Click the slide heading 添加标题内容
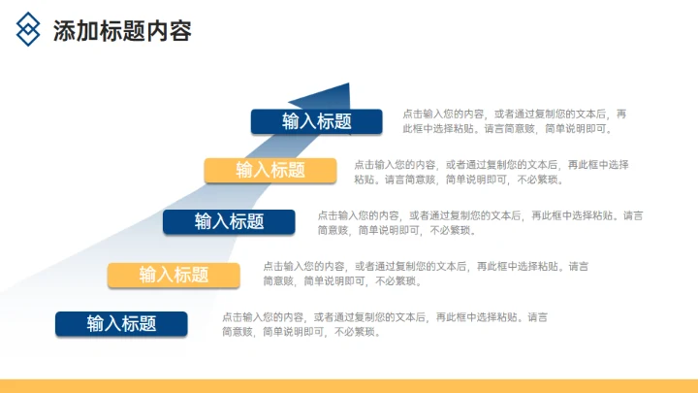(121, 31)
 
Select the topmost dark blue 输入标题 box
(316, 121)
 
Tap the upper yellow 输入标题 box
(270, 170)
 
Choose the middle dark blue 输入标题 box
(229, 221)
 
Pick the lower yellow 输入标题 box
(174, 275)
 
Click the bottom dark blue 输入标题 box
(121, 323)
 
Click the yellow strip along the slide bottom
(349, 385)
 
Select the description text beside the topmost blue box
(514, 120)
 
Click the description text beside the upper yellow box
(491, 171)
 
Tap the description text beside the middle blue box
(479, 222)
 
